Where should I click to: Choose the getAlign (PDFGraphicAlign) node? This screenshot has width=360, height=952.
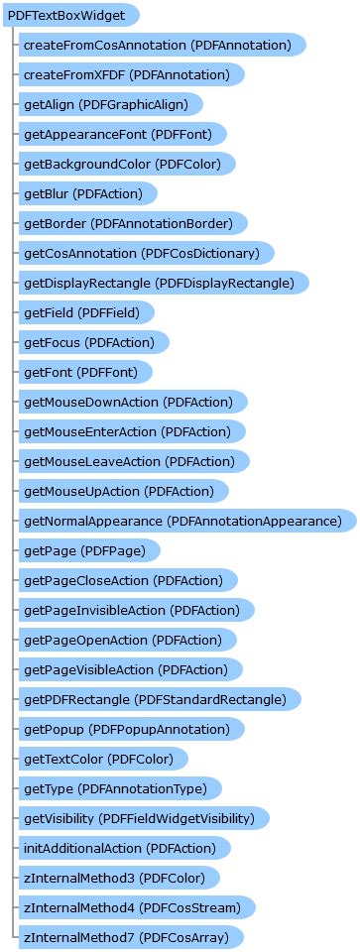tap(110, 104)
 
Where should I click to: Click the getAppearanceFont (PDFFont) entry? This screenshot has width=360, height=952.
tap(123, 134)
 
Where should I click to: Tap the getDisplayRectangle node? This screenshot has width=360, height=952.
tap(164, 283)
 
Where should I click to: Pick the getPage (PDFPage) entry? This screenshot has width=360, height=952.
tap(89, 550)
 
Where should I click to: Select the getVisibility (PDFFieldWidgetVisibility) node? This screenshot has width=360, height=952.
tap(144, 818)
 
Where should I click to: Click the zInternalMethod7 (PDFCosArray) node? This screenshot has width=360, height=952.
tap(130, 937)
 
